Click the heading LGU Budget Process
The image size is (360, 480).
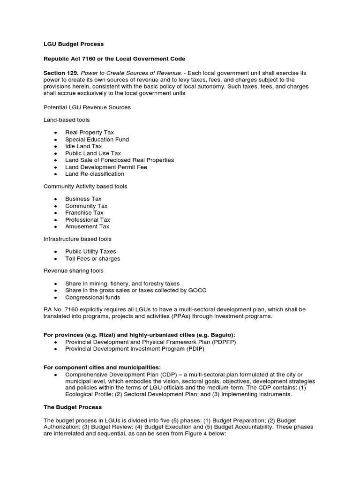pyautogui.click(x=74, y=44)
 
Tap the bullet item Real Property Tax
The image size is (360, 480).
pyautogui.click(x=89, y=133)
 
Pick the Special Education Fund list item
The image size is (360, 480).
pyautogui.click(x=97, y=139)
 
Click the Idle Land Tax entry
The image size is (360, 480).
pyautogui.click(x=83, y=146)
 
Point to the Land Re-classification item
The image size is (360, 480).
pyautogui.click(x=94, y=174)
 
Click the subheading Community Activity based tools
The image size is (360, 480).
pyautogui.click(x=85, y=187)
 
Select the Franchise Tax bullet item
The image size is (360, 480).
pyautogui.click(x=84, y=213)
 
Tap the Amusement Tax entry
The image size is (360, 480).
pyautogui.click(x=87, y=226)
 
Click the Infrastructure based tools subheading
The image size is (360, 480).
pyautogui.click(x=77, y=239)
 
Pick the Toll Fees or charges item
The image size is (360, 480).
pyautogui.click(x=92, y=259)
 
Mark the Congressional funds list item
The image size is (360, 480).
pyautogui.click(x=92, y=297)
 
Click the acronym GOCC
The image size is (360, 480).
pyautogui.click(x=197, y=291)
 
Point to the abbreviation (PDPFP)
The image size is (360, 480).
pyautogui.click(x=222, y=343)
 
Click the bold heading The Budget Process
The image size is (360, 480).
pyautogui.click(x=72, y=407)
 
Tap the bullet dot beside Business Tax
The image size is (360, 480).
pyautogui.click(x=55, y=199)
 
